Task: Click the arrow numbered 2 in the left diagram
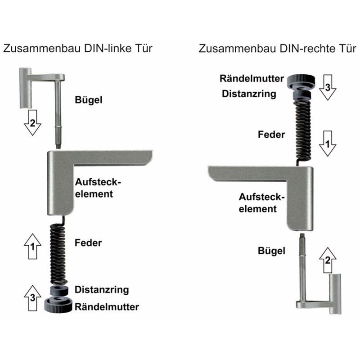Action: pos(32,122)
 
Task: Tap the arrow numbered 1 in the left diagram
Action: pos(32,246)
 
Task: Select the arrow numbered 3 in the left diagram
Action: pos(32,298)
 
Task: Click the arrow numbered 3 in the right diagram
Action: pos(328,87)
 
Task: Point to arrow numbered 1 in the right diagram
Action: pos(328,144)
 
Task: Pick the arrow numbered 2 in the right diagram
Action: pos(328,260)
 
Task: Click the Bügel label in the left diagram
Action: pos(89,100)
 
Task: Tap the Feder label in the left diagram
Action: pos(88,243)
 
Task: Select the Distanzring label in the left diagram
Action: pos(102,290)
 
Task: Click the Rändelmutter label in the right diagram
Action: pos(252,78)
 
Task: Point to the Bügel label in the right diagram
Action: pos(272,251)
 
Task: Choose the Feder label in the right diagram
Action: pos(271,135)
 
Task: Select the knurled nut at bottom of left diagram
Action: pos(58,305)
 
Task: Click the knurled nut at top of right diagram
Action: pos(301,82)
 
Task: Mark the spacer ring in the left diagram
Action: pos(59,290)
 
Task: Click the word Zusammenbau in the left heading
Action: pos(42,49)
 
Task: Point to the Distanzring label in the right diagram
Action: pos(249,94)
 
